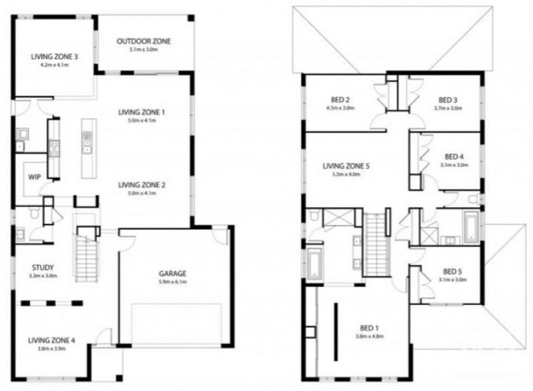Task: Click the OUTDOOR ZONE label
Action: [x=143, y=41]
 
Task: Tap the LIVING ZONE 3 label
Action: [x=55, y=57]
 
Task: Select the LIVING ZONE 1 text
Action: [x=141, y=112]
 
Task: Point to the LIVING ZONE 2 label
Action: [x=141, y=185]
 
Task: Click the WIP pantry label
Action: [x=35, y=178]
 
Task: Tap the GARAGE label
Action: [x=172, y=273]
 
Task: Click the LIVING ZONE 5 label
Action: [x=345, y=166]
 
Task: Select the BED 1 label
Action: [x=368, y=328]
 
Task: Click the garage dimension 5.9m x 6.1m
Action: [x=172, y=282]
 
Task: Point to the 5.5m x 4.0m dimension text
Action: [x=345, y=175]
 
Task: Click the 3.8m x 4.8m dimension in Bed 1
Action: [x=368, y=336]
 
